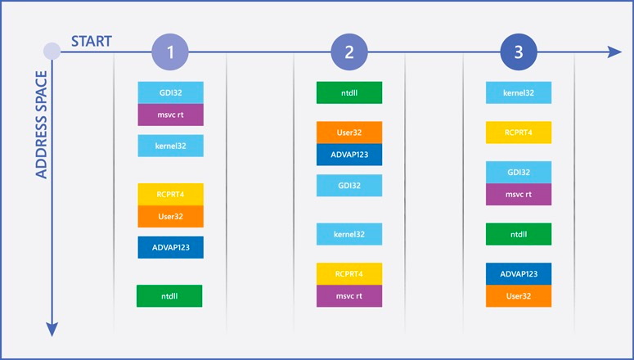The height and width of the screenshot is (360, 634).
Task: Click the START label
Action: [92, 41]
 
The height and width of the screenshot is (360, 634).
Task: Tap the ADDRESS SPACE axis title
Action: [42, 124]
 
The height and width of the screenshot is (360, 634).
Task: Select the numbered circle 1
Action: [170, 52]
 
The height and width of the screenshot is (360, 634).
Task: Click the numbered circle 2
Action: [349, 52]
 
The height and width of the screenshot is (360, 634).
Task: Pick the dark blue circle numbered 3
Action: [519, 52]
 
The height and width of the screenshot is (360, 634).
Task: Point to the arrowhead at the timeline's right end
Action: [614, 52]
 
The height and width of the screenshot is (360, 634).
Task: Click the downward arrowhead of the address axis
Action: [52, 330]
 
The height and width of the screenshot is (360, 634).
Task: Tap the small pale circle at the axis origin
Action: [52, 52]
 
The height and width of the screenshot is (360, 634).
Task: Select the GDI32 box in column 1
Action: [171, 92]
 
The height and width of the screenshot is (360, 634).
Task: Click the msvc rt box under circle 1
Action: [171, 115]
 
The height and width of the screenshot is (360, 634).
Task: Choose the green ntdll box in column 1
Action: [169, 296]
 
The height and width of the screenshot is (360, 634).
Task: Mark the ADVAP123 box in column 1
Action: [171, 248]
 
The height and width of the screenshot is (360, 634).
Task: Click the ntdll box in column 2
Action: [349, 92]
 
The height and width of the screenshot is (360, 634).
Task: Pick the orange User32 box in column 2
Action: [349, 133]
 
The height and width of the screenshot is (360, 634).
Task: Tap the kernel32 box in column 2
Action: [349, 234]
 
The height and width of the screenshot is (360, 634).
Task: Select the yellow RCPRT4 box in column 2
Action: [349, 274]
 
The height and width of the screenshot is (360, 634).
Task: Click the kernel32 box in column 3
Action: [519, 92]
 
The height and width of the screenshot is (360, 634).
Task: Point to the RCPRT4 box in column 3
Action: [519, 133]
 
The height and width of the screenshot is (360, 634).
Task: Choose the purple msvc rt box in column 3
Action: [519, 195]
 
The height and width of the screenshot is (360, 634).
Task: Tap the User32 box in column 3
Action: [519, 296]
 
